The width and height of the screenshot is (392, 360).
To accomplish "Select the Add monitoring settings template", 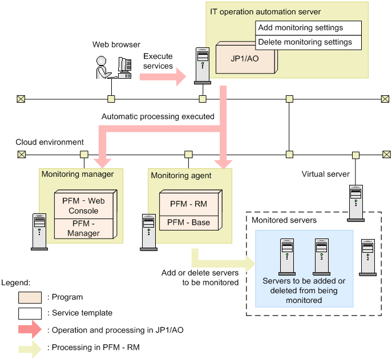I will point(308,28).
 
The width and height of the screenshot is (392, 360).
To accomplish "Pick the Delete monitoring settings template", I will point(308,42).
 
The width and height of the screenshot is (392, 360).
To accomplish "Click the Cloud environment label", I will point(50,142).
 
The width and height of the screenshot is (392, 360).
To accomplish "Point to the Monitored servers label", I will point(284,220).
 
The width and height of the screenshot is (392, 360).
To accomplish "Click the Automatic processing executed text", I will point(157,116).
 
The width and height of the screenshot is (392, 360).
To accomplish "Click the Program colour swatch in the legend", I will point(30,297).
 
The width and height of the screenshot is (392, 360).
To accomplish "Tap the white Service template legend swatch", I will point(30,313).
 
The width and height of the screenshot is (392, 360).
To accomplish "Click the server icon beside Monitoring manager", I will point(39,231).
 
